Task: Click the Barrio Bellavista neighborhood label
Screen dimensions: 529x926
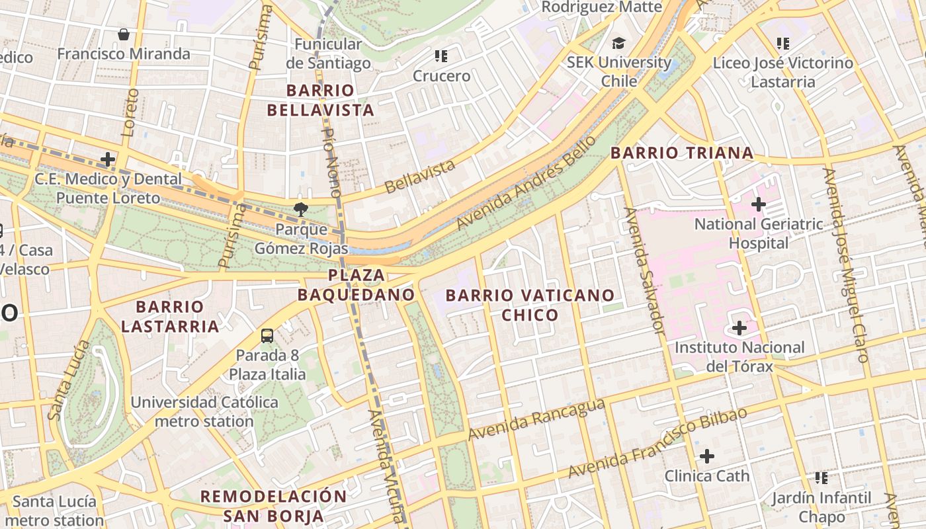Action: (x=321, y=100)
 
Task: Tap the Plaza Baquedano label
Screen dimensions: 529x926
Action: (x=356, y=285)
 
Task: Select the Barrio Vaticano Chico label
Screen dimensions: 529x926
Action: (x=530, y=305)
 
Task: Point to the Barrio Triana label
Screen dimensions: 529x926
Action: (x=682, y=153)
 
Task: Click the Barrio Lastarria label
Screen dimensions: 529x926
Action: (x=170, y=317)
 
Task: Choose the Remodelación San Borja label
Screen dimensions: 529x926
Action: (x=273, y=506)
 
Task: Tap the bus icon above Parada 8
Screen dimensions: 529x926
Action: (x=267, y=336)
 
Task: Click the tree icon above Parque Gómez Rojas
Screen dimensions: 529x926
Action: (x=301, y=210)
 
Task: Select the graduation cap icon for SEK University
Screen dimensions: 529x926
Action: (x=618, y=43)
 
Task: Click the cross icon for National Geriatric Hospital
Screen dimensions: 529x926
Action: (x=759, y=205)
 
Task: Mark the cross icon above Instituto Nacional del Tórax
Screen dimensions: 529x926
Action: (x=739, y=328)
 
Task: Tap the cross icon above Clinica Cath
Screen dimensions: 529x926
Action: (x=707, y=456)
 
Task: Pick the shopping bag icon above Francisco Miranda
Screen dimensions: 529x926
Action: (x=124, y=34)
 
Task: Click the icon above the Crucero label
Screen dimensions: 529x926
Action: (x=441, y=56)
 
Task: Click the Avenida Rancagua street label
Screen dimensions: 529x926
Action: (x=536, y=419)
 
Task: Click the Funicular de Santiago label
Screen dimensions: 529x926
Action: (x=328, y=54)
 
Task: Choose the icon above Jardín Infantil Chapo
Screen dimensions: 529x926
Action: (x=821, y=477)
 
